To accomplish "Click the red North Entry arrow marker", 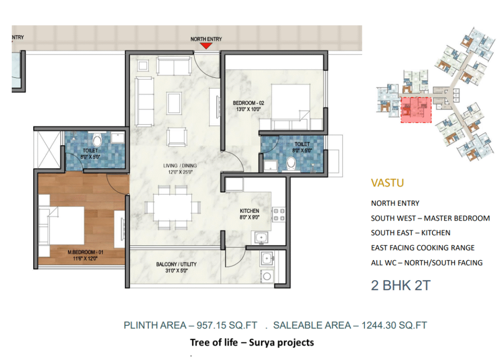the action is pyautogui.click(x=206, y=45).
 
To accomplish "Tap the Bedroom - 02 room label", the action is pyautogui.click(x=248, y=106).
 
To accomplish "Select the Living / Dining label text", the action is pyautogui.click(x=180, y=169).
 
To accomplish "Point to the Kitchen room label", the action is pyautogui.click(x=249, y=214).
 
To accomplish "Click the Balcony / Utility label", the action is pyautogui.click(x=176, y=268).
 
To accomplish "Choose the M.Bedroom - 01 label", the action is pyautogui.click(x=85, y=255).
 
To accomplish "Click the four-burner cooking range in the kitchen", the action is pyautogui.click(x=278, y=215).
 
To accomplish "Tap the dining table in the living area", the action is pyautogui.click(x=173, y=207).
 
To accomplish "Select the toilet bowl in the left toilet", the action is pyautogui.click(x=97, y=140).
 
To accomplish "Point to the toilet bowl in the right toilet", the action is pyautogui.click(x=291, y=162).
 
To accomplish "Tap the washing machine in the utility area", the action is pyautogui.click(x=267, y=276).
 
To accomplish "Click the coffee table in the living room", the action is pyautogui.click(x=174, y=103).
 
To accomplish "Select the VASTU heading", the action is pyautogui.click(x=387, y=183).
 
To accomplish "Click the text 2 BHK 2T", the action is pyautogui.click(x=401, y=285).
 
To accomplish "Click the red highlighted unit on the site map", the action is pyautogui.click(x=416, y=110).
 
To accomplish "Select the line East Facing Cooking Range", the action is pyautogui.click(x=423, y=248).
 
